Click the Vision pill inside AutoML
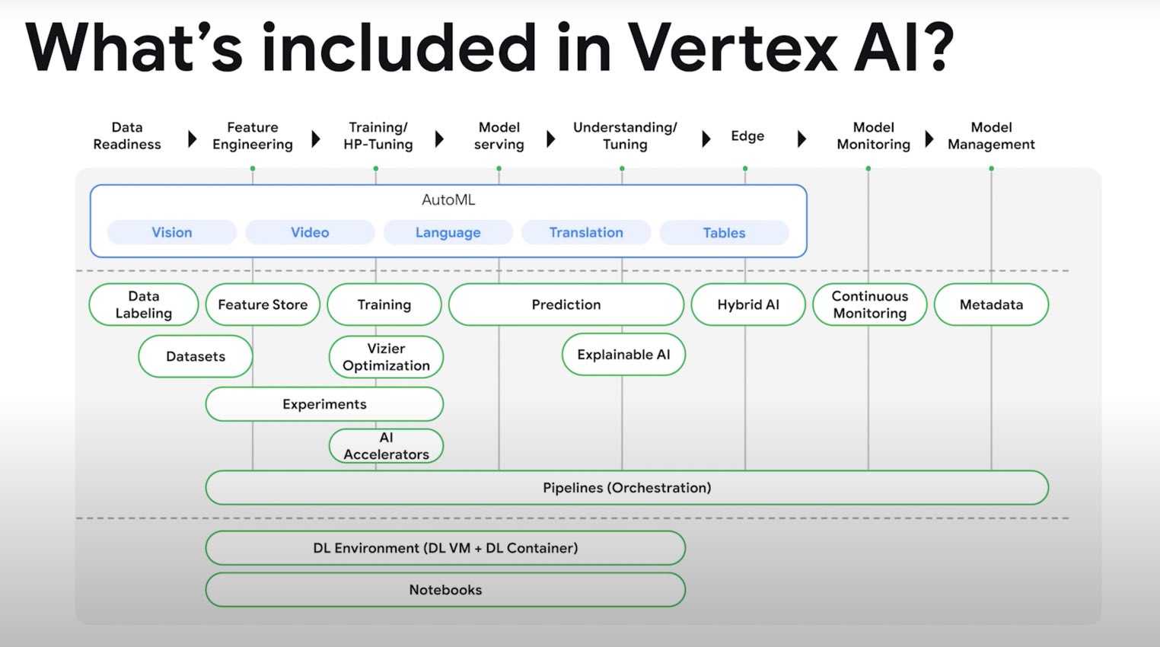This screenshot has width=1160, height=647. (172, 232)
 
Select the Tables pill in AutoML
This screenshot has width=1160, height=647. (724, 233)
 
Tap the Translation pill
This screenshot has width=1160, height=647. (586, 232)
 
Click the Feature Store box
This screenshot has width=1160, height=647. (263, 304)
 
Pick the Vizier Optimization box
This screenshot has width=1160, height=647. (386, 357)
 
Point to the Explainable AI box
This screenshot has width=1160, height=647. (623, 354)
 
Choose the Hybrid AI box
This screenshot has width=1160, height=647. (748, 304)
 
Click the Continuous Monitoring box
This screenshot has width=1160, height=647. (870, 304)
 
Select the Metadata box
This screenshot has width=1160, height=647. (991, 304)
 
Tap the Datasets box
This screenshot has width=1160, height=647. (196, 356)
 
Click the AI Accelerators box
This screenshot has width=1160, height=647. (386, 446)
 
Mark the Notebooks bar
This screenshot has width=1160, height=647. (445, 589)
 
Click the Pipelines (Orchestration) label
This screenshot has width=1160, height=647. (626, 487)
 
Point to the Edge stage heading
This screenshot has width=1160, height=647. (747, 135)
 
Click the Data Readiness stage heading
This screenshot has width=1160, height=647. (127, 135)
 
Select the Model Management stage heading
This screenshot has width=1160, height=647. (991, 135)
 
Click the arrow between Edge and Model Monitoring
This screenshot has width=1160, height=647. (801, 139)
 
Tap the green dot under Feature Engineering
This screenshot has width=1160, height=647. (253, 168)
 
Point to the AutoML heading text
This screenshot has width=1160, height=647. (448, 200)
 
